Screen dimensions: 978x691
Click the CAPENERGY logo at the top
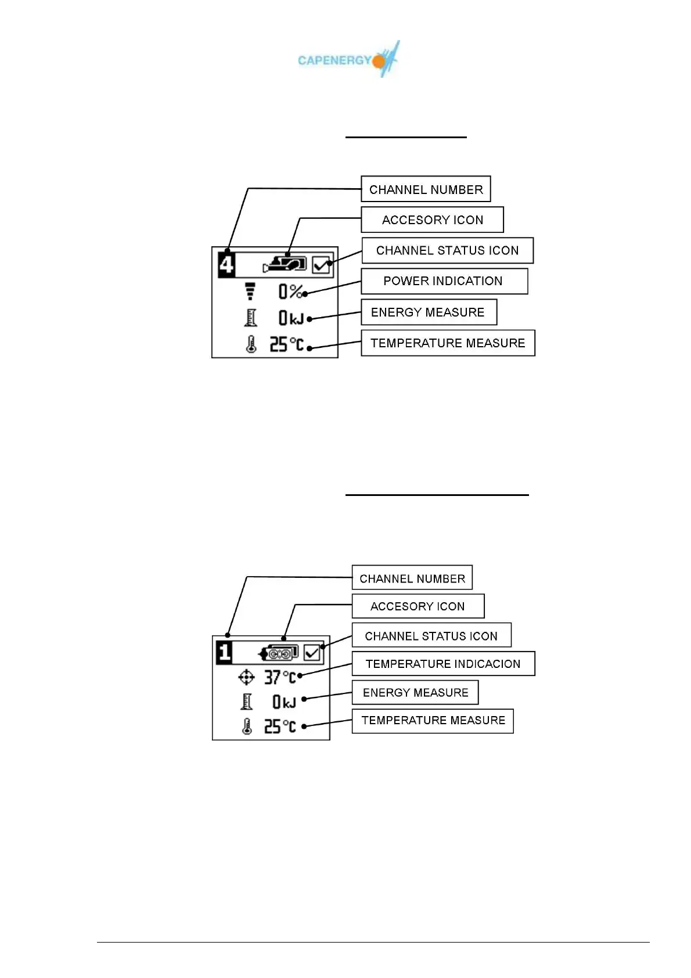pos(348,59)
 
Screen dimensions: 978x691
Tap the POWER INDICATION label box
pos(444,281)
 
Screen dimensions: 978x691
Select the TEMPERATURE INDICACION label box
pos(443,664)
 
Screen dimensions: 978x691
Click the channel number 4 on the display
pos(227,265)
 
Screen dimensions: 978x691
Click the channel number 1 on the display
pos(225,652)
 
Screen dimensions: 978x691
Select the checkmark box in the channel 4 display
pos(321,265)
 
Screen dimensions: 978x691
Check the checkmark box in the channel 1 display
pos(312,653)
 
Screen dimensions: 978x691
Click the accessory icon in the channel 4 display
pos(285,264)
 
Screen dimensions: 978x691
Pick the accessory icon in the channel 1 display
pos(279,653)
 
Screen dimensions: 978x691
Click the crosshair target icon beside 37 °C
pos(247,677)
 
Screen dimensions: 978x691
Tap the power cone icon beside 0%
pos(250,290)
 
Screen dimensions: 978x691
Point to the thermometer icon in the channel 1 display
pos(247,727)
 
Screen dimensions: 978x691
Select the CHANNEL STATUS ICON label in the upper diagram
pos(447,250)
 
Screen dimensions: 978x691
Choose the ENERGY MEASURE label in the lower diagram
pos(415,692)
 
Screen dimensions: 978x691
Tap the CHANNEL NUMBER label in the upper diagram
pos(426,189)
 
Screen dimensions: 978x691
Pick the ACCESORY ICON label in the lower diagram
pos(418,606)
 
